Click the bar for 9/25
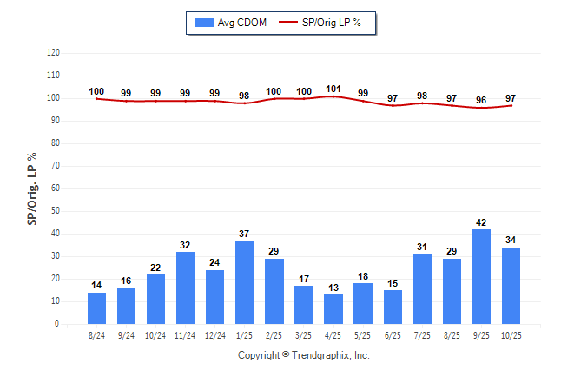(x=481, y=276)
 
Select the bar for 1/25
(x=245, y=282)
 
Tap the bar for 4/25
(x=333, y=308)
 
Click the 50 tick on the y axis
(x=56, y=211)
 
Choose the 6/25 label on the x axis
(x=393, y=334)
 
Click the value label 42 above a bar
(x=481, y=222)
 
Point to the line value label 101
(x=333, y=88)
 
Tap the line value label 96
(x=481, y=99)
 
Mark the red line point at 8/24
(x=97, y=98)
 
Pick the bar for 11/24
(x=186, y=288)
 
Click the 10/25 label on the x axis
(x=511, y=334)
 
